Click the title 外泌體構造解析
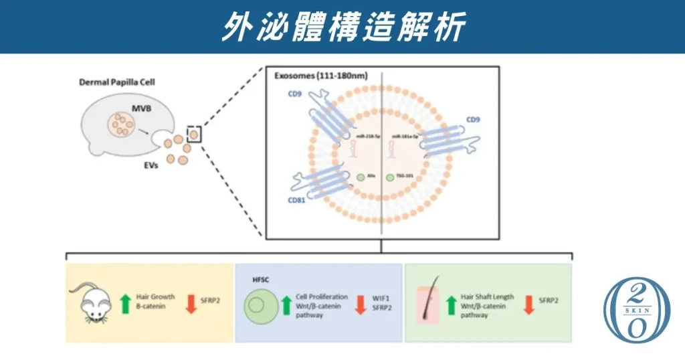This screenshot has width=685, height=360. coord(342,27)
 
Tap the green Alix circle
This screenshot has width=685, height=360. coord(361,177)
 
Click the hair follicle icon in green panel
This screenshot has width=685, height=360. coord(428,302)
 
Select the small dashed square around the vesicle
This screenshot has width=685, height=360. coord(194,134)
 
